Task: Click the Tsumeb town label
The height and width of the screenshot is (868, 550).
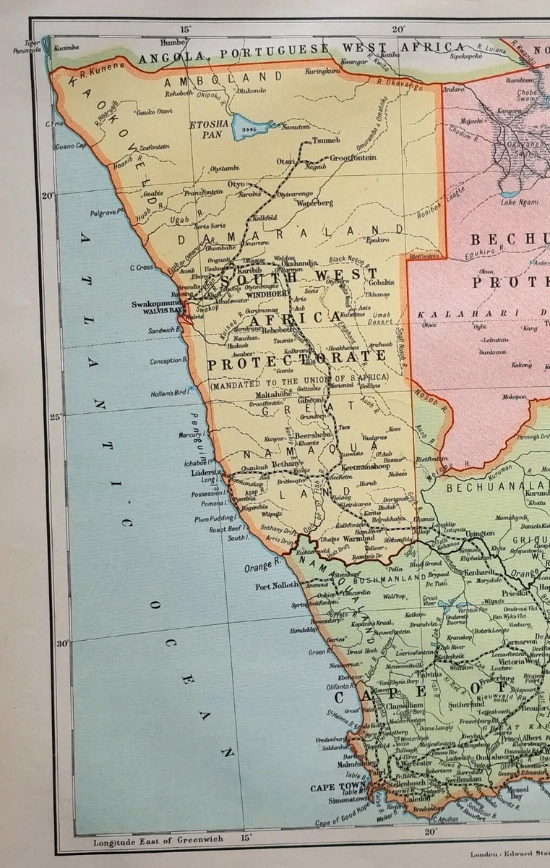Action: (326, 141)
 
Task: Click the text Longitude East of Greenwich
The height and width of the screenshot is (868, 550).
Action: (158, 841)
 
